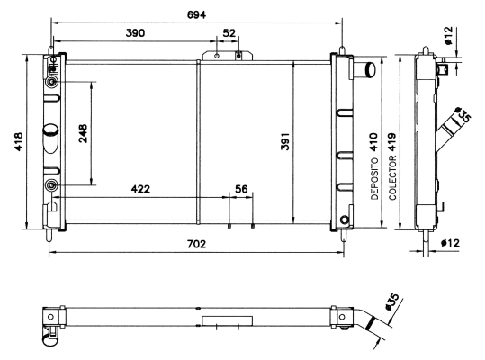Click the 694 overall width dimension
[196, 14]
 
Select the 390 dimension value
[135, 32]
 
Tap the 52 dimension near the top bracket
[229, 32]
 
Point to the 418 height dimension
[19, 141]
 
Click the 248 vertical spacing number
[83, 133]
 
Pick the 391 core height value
[285, 141]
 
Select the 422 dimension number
[140, 189]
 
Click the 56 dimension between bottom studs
[241, 189]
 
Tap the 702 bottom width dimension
[196, 244]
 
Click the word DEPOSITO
[374, 179]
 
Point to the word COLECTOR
[392, 178]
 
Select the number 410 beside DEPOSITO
[373, 142]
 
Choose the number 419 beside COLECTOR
[392, 142]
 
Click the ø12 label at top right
[448, 36]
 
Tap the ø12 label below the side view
[450, 243]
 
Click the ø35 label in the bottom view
[392, 301]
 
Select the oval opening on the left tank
[50, 138]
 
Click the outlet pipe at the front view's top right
[364, 70]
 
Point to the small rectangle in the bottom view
[227, 320]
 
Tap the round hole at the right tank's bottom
[345, 220]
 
